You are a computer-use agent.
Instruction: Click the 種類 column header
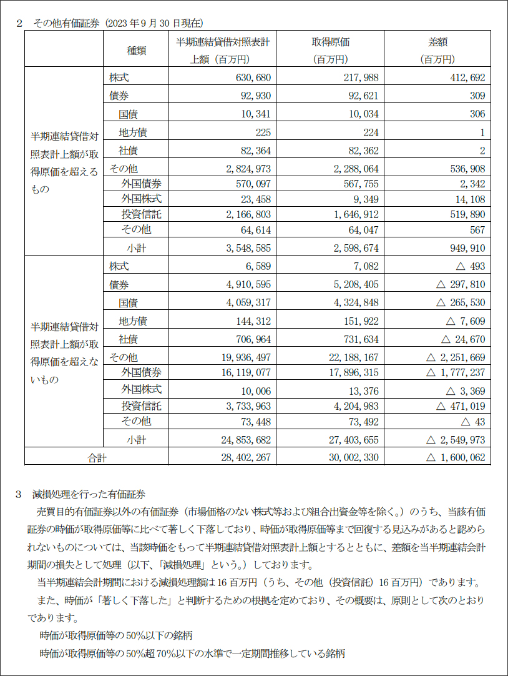[136, 51]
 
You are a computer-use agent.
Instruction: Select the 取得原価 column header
[331, 42]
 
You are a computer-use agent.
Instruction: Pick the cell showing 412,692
[464, 78]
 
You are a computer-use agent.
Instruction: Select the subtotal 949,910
[464, 248]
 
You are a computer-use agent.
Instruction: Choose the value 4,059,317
[245, 303]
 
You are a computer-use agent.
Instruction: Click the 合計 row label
[97, 458]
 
